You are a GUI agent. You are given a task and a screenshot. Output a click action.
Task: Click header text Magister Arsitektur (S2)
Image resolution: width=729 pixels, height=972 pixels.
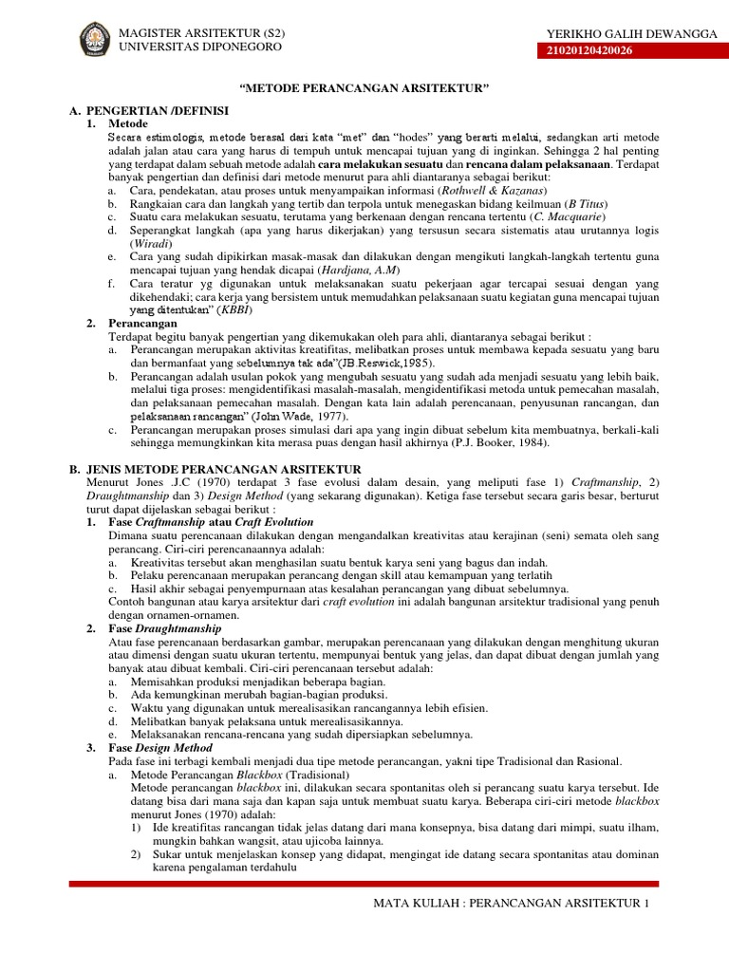click(201, 33)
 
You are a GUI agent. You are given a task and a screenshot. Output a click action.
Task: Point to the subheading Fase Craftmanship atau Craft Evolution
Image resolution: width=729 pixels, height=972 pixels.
click(211, 522)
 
